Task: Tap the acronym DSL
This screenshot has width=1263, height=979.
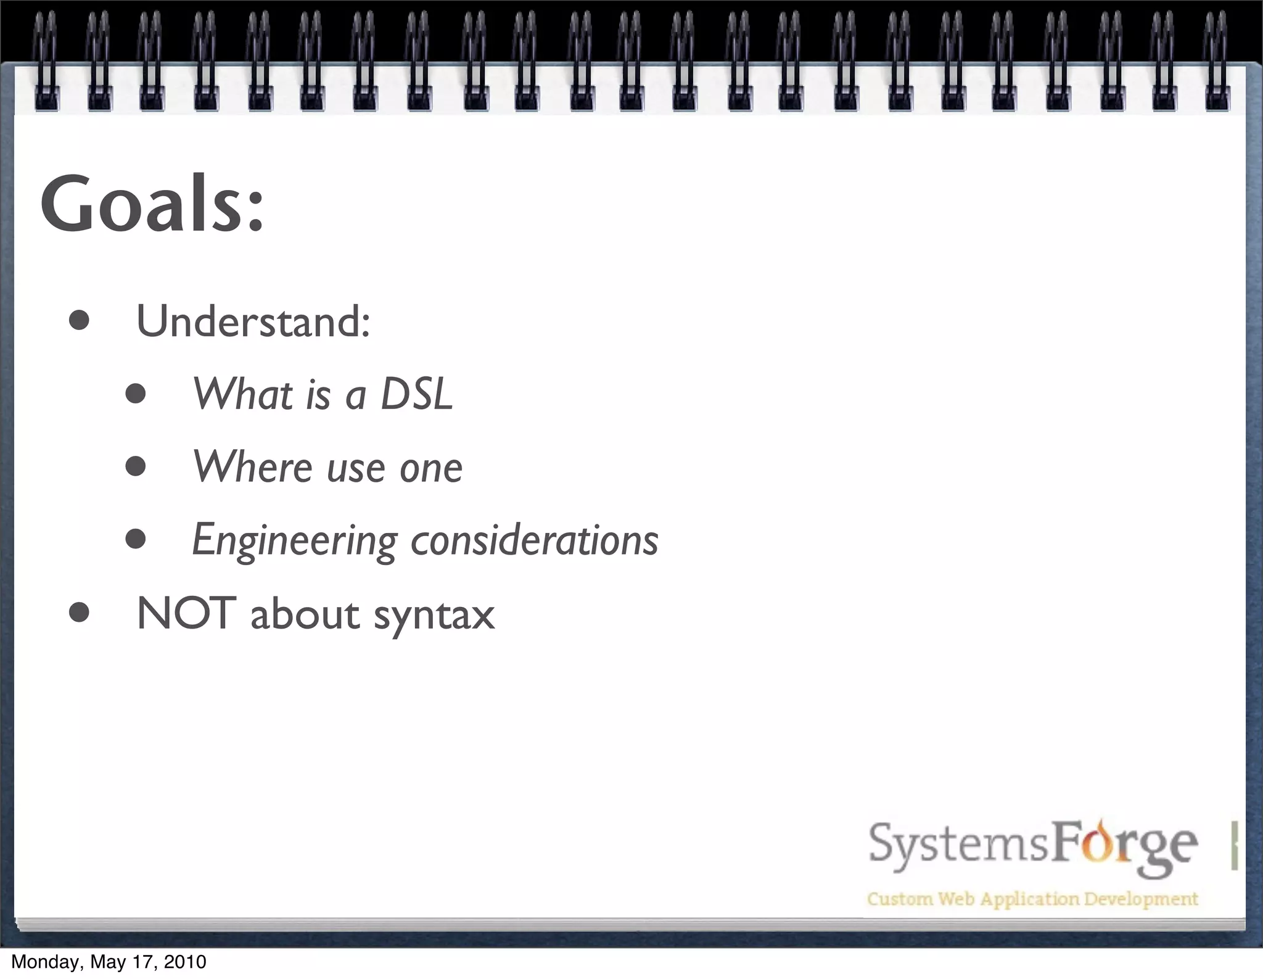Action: tap(416, 394)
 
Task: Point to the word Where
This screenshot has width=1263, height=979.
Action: tap(253, 466)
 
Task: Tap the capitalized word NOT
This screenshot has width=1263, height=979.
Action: tap(186, 613)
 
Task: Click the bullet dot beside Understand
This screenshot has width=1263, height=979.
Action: tap(80, 321)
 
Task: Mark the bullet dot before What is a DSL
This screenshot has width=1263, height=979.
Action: tap(136, 394)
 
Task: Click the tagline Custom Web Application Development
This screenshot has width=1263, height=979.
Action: tap(1032, 899)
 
